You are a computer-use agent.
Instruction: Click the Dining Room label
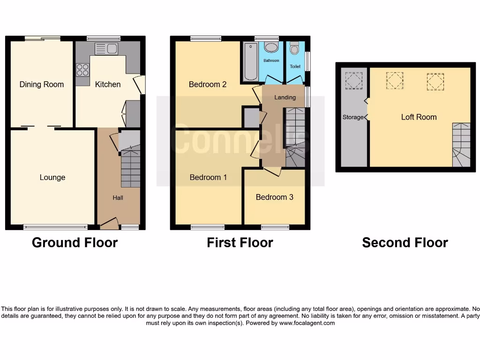coord(41,84)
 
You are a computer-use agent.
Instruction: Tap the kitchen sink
coord(106,49)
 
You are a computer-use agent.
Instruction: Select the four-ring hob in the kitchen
coord(82,70)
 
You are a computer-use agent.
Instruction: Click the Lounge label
coord(52,177)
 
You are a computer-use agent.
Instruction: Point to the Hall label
coord(118,198)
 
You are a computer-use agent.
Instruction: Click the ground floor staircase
coord(130,166)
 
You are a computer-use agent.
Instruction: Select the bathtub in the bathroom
coord(250,62)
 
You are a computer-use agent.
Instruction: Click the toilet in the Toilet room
coord(294,48)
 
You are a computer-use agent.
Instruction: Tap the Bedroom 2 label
coord(208,84)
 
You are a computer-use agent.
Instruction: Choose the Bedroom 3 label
coord(274,197)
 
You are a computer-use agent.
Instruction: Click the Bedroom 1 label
coord(208,177)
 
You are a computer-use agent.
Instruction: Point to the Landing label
coord(285,97)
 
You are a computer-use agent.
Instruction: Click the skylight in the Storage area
coord(353,80)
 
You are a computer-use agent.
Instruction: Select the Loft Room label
coord(419,117)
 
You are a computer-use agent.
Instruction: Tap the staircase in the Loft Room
coord(461,145)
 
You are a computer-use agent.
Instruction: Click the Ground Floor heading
coord(75,242)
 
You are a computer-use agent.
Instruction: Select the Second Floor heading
coord(405,242)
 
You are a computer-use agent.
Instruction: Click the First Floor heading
coord(240,242)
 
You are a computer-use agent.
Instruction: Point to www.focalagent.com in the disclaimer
coord(307,323)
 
